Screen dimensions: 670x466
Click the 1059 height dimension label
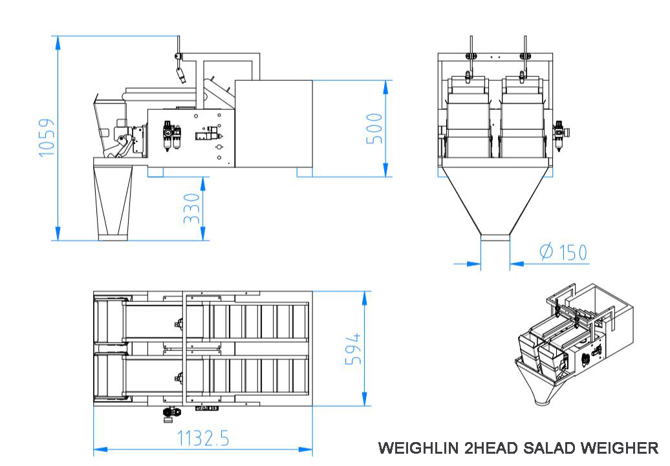(47, 138)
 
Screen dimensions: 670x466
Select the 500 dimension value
(374, 129)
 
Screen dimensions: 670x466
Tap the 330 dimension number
(192, 209)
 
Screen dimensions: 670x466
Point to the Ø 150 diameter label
(563, 252)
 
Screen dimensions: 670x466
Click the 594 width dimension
(353, 349)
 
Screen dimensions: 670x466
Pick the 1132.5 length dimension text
(203, 438)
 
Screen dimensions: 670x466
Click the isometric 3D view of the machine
(574, 344)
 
